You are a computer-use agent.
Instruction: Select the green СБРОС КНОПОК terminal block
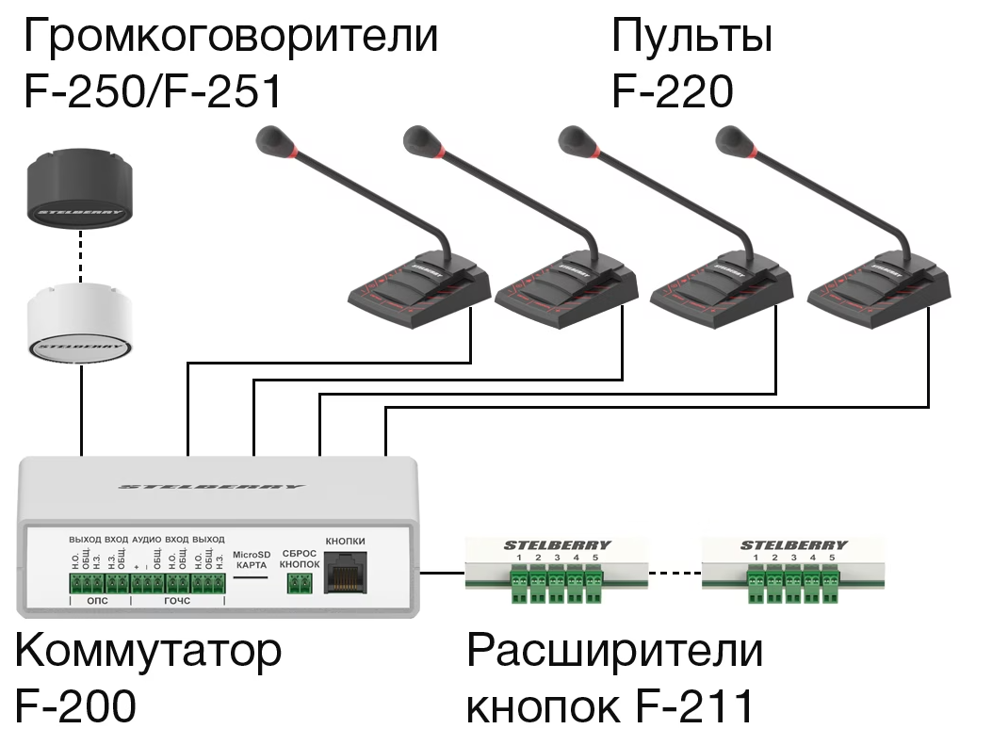click(x=301, y=584)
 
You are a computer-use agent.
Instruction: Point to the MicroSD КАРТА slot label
click(x=251, y=559)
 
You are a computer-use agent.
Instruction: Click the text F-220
click(x=672, y=92)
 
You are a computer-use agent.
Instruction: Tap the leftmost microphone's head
click(x=274, y=141)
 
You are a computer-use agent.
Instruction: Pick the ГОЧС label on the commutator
click(x=177, y=600)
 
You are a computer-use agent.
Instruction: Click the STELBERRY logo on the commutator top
click(x=212, y=487)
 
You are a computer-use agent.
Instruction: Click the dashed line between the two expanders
click(x=675, y=572)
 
